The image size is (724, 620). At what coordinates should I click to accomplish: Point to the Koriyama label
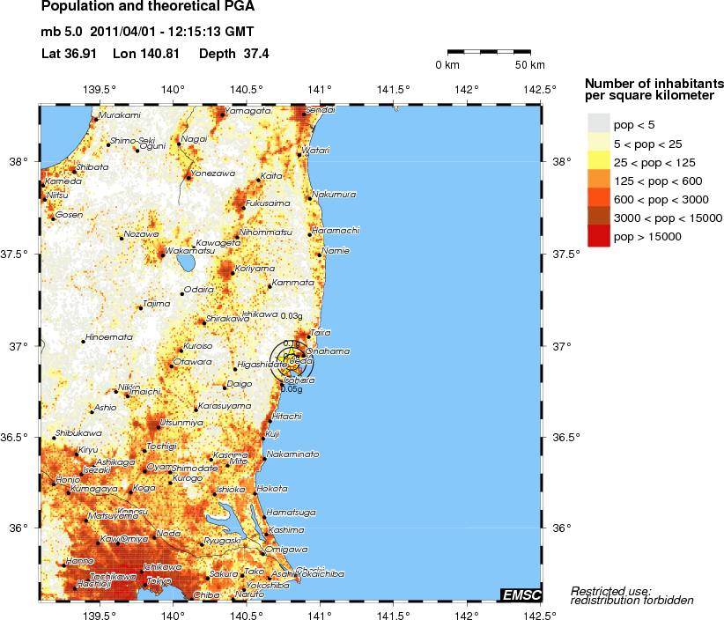click(x=255, y=268)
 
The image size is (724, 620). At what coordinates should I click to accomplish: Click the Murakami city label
click(x=119, y=115)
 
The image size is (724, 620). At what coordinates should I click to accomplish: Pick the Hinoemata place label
click(x=109, y=337)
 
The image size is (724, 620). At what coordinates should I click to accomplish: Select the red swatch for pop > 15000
click(x=599, y=236)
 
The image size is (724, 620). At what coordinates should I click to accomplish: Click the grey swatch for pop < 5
click(x=599, y=124)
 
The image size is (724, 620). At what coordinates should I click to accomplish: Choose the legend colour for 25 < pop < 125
click(x=599, y=161)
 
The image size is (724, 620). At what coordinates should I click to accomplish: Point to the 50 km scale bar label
click(x=529, y=66)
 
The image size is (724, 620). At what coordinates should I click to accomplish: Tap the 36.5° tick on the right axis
click(x=565, y=437)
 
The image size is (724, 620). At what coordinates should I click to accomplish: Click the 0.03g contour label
click(x=291, y=315)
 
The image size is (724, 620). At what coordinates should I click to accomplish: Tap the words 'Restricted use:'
click(x=610, y=590)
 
